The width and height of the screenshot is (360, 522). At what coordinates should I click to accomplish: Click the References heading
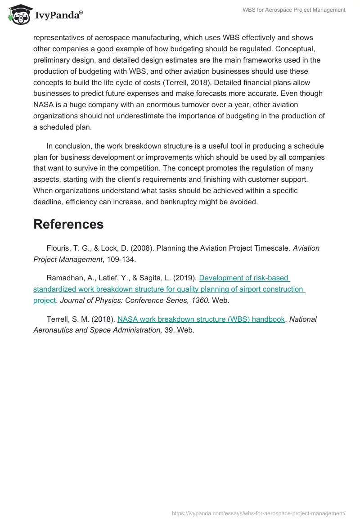click(x=68, y=224)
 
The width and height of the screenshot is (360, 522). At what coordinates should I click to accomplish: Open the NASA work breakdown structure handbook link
click(x=201, y=319)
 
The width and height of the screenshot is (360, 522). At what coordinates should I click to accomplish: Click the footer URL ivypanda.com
click(x=259, y=513)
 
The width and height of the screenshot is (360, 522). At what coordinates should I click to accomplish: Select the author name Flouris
click(x=59, y=248)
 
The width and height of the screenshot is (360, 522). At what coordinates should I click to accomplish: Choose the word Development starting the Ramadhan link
click(x=221, y=278)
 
